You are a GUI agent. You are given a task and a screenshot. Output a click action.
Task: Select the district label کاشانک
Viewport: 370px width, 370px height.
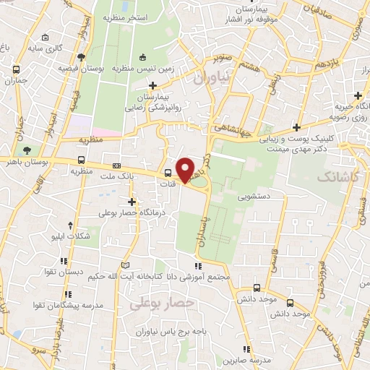(337, 176)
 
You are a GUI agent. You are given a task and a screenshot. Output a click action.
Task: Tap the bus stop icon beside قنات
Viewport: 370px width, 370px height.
(168, 173)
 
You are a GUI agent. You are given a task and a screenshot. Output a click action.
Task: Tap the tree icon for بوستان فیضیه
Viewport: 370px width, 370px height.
(80, 57)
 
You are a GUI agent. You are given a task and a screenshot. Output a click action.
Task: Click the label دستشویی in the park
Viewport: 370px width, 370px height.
(254, 195)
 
